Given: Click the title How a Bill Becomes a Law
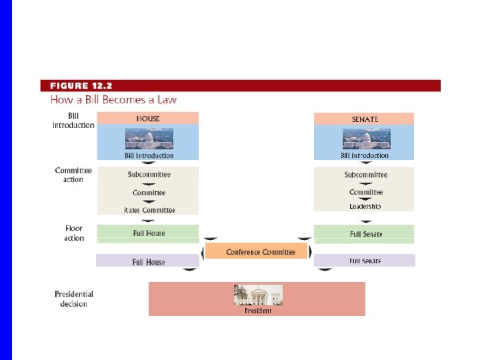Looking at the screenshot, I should point(113,100).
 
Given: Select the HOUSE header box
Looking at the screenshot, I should point(148,119).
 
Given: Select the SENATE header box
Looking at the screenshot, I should point(364,119).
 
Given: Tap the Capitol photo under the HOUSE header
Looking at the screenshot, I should point(149,139).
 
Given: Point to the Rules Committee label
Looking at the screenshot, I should point(149,210).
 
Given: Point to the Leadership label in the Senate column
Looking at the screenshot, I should point(365,207).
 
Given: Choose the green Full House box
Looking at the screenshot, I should point(148,233).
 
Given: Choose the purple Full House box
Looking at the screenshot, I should point(147,261).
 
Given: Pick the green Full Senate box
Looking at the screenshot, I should point(365,234).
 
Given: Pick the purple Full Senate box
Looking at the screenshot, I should point(365,261).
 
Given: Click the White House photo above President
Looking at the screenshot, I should point(258,295).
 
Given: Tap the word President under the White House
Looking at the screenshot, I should point(258,311).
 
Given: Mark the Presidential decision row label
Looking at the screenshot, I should point(73,299).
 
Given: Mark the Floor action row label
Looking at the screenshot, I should point(75,233).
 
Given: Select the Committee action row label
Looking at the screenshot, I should point(73,175).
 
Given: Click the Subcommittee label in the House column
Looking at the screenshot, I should point(149,175).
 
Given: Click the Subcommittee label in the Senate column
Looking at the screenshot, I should point(365,175).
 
